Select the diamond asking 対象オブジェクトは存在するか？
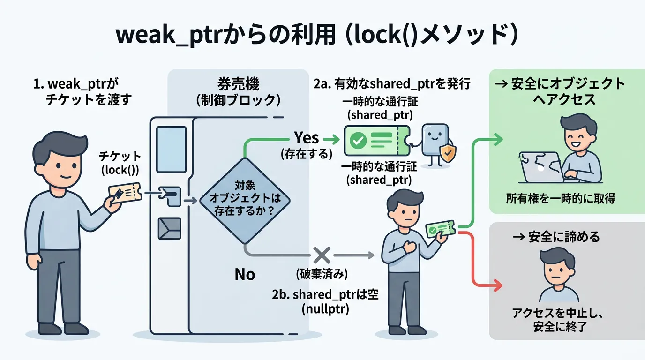(x=245, y=200)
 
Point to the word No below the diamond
(x=245, y=274)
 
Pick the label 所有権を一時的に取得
(x=560, y=198)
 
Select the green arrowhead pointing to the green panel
(x=498, y=140)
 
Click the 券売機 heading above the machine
(x=238, y=85)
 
